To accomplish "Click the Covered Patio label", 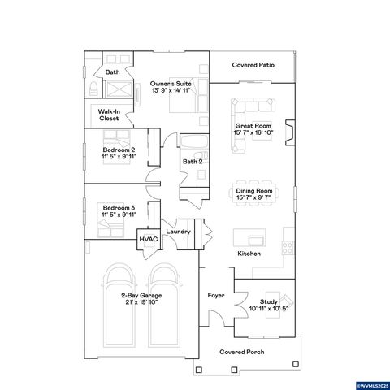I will pyautogui.click(x=252, y=64).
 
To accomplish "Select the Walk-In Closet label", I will pyautogui.click(x=109, y=115).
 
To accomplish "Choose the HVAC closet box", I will pyautogui.click(x=148, y=239).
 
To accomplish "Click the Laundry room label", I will pyautogui.click(x=178, y=232).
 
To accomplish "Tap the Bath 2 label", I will pyautogui.click(x=192, y=162).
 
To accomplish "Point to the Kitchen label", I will pyautogui.click(x=249, y=253).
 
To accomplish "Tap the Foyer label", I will pyautogui.click(x=215, y=295).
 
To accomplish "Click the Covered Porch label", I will pyautogui.click(x=240, y=353).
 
